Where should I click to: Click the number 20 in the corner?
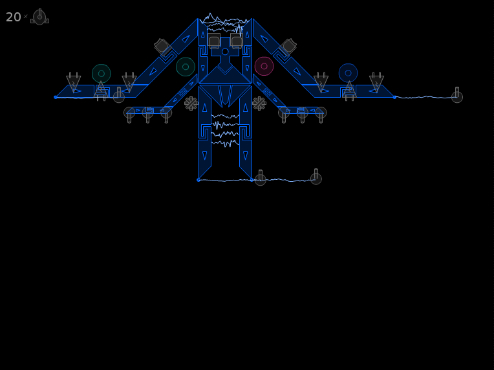[13, 17]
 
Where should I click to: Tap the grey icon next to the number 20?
[39, 17]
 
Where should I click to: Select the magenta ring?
[264, 66]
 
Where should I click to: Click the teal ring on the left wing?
[102, 74]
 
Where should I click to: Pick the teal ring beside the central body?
[186, 67]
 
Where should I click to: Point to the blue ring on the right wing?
[348, 73]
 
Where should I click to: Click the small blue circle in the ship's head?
[225, 52]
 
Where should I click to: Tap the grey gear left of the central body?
[191, 103]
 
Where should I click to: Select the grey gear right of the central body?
[259, 103]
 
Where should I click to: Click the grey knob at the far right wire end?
[457, 96]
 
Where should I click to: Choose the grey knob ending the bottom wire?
[316, 177]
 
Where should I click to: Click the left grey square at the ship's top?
[214, 41]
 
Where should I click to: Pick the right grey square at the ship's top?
[236, 41]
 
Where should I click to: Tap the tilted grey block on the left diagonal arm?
[162, 47]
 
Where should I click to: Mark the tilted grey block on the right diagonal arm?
[288, 47]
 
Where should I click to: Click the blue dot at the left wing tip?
[56, 98]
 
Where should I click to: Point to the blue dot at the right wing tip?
[394, 98]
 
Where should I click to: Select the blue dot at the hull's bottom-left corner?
[198, 180]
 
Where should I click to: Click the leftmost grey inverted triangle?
[74, 83]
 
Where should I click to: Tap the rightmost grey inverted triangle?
[376, 83]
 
